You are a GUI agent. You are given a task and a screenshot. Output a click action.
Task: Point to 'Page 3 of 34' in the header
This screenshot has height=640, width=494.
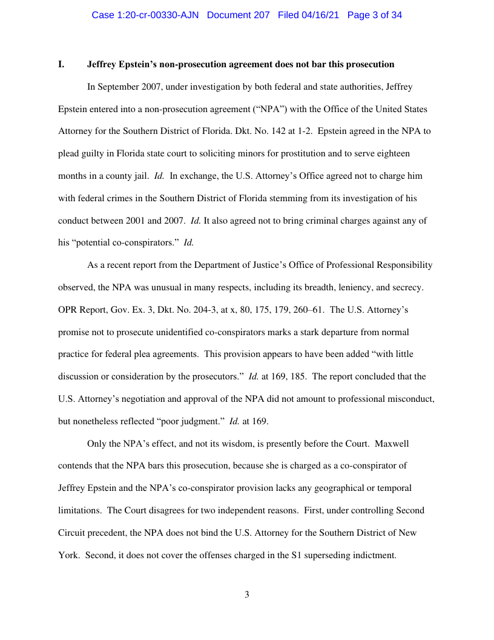click(x=375, y=15)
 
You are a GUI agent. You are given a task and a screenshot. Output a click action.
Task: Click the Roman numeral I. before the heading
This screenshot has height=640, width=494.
click(x=61, y=64)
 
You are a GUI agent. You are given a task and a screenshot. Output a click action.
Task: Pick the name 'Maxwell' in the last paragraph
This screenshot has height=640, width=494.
click(x=392, y=444)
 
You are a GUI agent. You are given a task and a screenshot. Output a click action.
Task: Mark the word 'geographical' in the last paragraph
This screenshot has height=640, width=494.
click(x=351, y=488)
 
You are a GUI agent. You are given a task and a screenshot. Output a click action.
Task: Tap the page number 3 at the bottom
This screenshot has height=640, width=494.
click(x=246, y=595)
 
